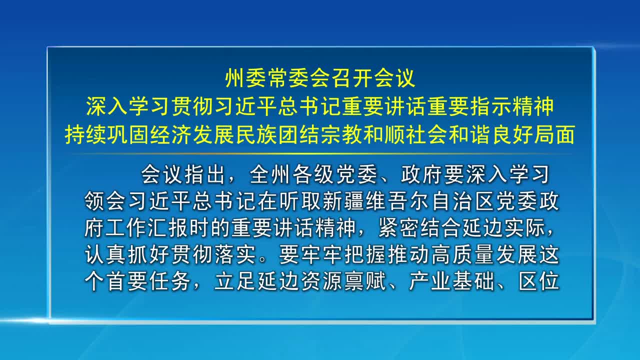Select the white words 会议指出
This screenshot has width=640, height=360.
pyautogui.click(x=183, y=174)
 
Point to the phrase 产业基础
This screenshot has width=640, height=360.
pyautogui.click(x=451, y=281)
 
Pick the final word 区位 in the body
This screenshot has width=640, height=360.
pyautogui.click(x=539, y=281)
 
